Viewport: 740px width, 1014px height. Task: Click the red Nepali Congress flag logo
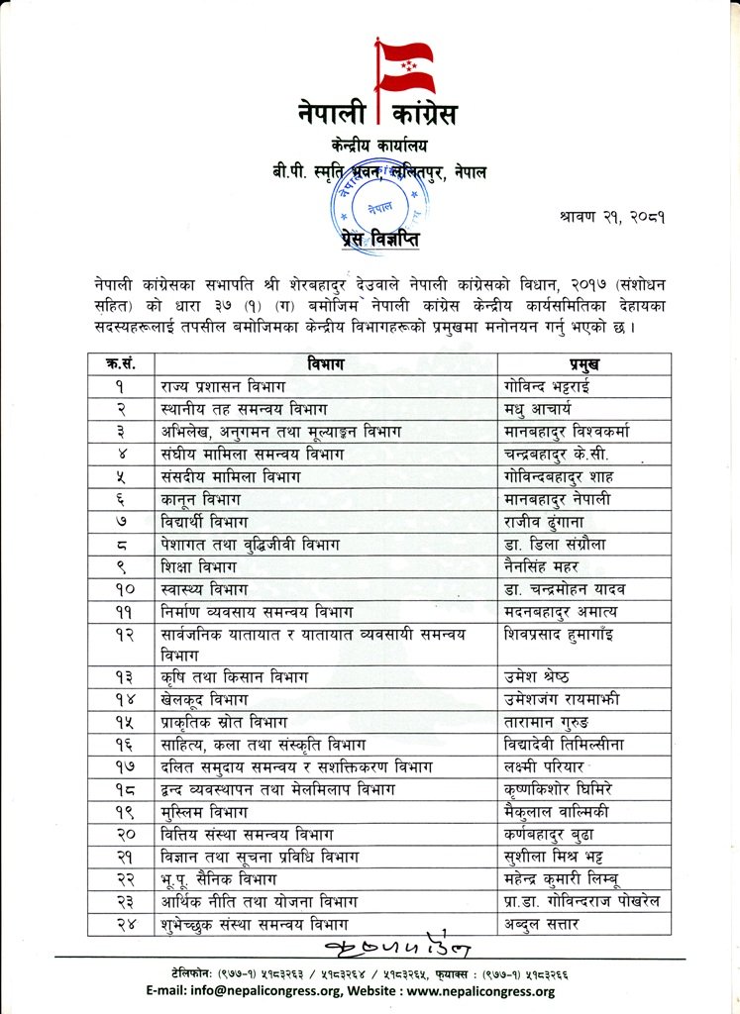(405, 64)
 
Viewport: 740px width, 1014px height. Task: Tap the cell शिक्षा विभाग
(198, 567)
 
